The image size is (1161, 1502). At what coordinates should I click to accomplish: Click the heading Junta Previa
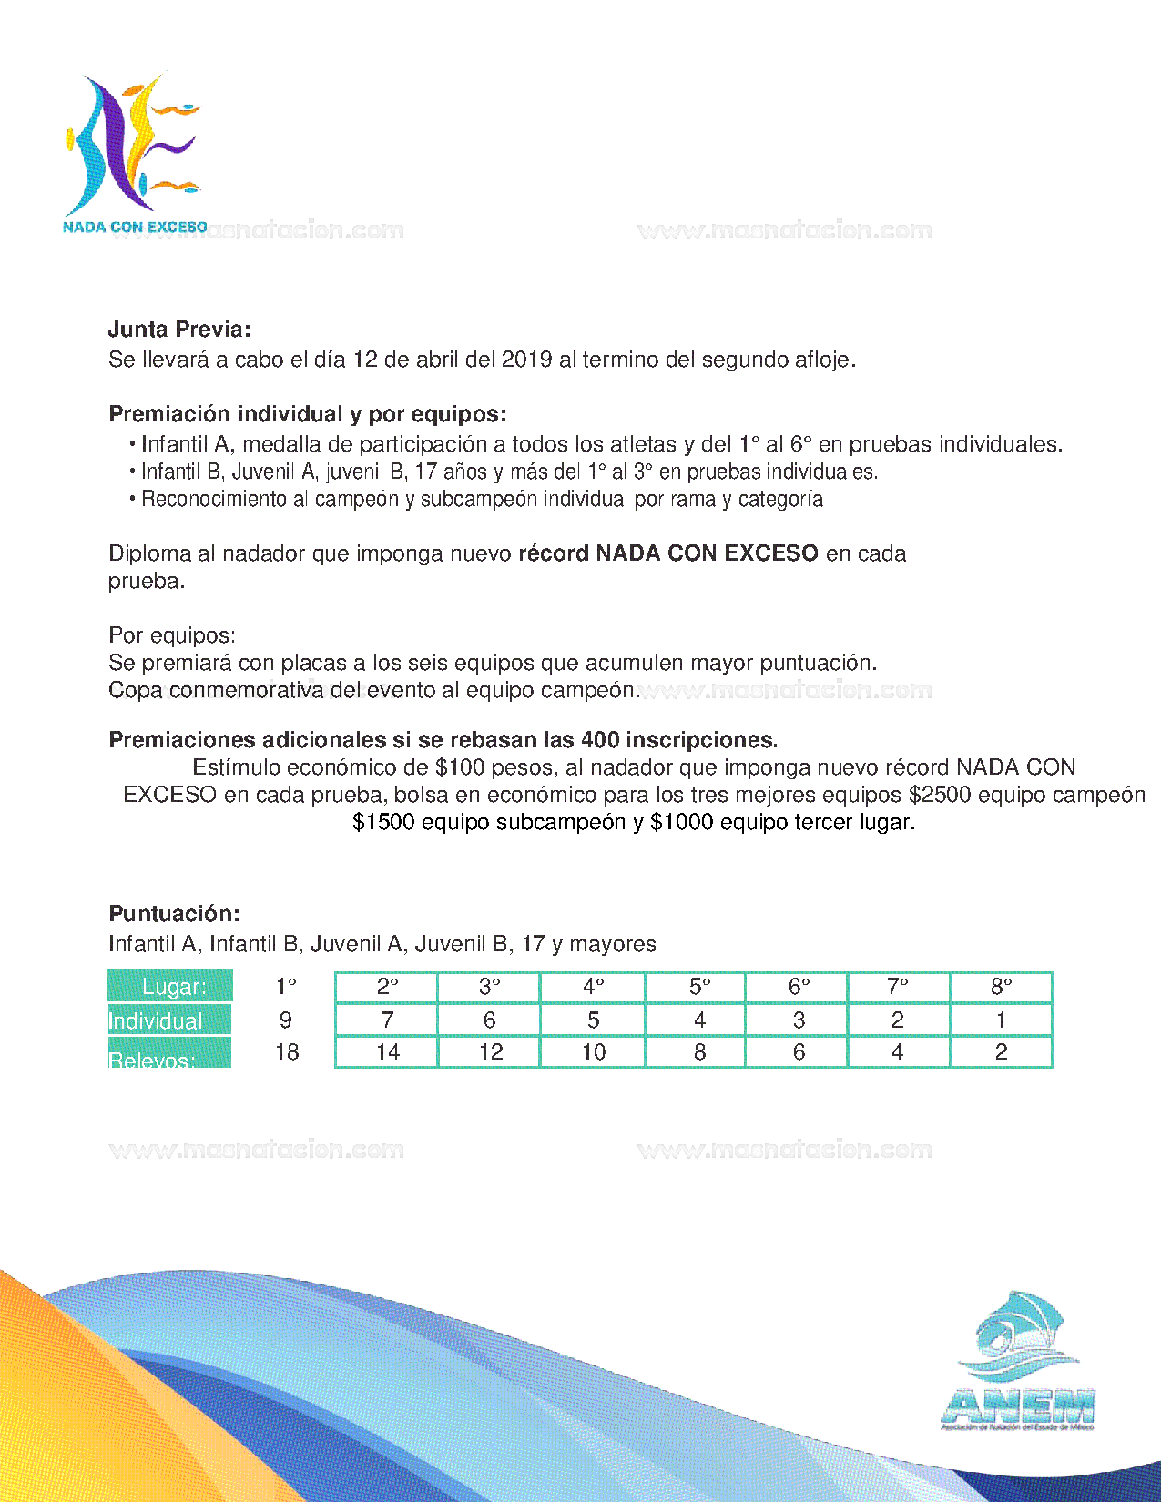tap(179, 330)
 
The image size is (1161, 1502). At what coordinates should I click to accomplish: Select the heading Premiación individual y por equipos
tap(308, 414)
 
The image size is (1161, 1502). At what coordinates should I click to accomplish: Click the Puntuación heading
tap(174, 914)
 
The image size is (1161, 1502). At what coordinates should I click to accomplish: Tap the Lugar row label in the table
tap(170, 987)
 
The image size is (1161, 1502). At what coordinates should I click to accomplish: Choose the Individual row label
tap(157, 1020)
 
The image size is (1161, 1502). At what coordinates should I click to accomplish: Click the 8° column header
tap(1001, 987)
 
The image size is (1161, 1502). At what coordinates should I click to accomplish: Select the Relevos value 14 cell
tap(387, 1052)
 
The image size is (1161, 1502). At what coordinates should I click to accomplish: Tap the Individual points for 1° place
tap(286, 1020)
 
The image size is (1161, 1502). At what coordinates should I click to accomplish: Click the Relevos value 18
tap(287, 1052)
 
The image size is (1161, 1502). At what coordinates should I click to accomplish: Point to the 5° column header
tap(699, 987)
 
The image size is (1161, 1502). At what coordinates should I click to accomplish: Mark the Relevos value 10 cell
tap(594, 1052)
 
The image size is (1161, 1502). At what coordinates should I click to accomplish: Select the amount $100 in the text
tap(460, 767)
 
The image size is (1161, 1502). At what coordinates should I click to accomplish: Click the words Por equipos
tap(172, 635)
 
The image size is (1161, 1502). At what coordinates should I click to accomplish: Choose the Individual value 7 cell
tap(387, 1020)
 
